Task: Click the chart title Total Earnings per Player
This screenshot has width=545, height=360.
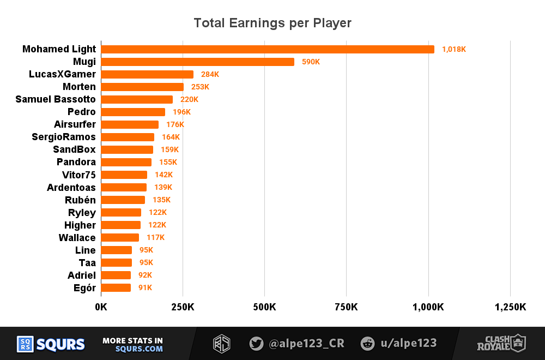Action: (272, 23)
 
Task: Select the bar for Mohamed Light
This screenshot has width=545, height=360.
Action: (268, 49)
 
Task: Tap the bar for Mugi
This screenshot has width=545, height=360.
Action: (197, 62)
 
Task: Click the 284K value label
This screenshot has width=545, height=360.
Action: (210, 74)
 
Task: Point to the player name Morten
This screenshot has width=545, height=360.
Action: (79, 87)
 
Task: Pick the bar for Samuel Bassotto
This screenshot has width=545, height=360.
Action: (137, 99)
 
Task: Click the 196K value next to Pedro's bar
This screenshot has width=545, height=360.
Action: (182, 112)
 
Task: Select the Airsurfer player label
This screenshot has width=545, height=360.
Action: (75, 124)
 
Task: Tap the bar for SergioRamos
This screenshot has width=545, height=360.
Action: (128, 137)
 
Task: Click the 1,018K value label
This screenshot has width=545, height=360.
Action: (454, 49)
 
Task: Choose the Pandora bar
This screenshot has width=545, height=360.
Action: (126, 162)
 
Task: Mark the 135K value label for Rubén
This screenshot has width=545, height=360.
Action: (161, 200)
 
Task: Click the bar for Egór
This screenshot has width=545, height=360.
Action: (116, 287)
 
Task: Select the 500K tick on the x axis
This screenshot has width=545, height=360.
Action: (264, 307)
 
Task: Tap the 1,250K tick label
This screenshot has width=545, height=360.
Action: (510, 307)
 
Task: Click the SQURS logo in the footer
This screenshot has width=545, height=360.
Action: (51, 344)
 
